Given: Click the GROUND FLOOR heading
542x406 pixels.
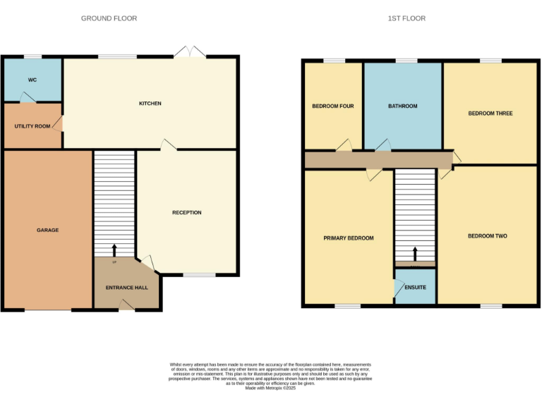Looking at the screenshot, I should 109,18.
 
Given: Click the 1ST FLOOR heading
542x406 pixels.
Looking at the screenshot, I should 406,18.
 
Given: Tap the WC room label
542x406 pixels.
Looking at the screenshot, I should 32,80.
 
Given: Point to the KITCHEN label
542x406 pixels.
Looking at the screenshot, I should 150,104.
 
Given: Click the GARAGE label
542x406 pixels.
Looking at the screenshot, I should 48,230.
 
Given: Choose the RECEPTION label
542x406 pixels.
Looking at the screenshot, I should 187,212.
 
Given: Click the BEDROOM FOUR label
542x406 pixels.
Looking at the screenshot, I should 332,106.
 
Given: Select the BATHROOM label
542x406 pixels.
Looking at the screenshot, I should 402,106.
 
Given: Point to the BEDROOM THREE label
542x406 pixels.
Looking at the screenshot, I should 490,113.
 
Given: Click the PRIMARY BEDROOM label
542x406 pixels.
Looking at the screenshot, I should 348,238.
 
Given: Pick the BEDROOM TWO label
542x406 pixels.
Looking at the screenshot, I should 487,236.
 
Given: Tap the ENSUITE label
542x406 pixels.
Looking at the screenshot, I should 415,288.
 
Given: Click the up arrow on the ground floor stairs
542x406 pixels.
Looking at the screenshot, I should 114,250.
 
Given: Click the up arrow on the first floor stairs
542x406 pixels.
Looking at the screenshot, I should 415,252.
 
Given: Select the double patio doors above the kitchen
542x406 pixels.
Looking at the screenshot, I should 190,53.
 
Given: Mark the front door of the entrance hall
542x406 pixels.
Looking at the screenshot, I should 126,304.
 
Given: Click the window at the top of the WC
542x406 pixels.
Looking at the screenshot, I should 32,57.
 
